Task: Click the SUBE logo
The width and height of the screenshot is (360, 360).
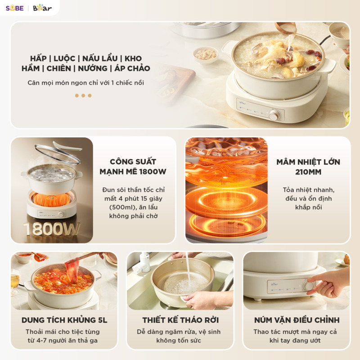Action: (15, 8)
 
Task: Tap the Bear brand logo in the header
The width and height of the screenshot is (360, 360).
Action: (42, 8)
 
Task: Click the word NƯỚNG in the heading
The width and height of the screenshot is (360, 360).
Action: (93, 68)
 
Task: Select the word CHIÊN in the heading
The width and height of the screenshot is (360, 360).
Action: (59, 68)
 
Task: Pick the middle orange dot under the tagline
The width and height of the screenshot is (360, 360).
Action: (83, 95)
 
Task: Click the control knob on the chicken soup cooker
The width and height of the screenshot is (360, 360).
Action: (274, 115)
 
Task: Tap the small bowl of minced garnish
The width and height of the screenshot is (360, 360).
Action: (206, 54)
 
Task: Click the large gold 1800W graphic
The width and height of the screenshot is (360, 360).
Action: (51, 229)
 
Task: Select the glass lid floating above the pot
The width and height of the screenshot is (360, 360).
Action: (58, 154)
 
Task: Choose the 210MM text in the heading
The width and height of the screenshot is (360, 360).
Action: (308, 172)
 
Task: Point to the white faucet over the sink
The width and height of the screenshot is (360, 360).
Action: (142, 262)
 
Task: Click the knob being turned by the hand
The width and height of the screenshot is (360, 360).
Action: (308, 286)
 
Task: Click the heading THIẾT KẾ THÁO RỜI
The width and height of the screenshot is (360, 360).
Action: (180, 320)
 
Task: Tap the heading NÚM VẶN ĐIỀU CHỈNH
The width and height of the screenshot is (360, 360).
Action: (297, 320)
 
